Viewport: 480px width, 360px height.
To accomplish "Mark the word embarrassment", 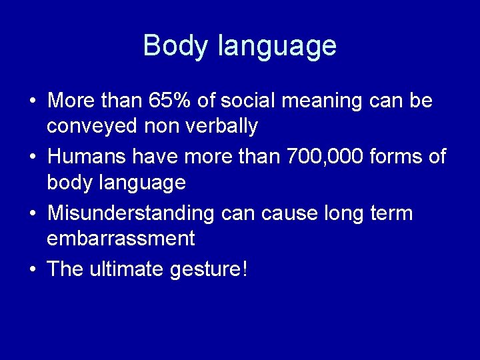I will [121, 239].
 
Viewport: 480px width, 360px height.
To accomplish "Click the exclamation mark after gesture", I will [245, 270].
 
